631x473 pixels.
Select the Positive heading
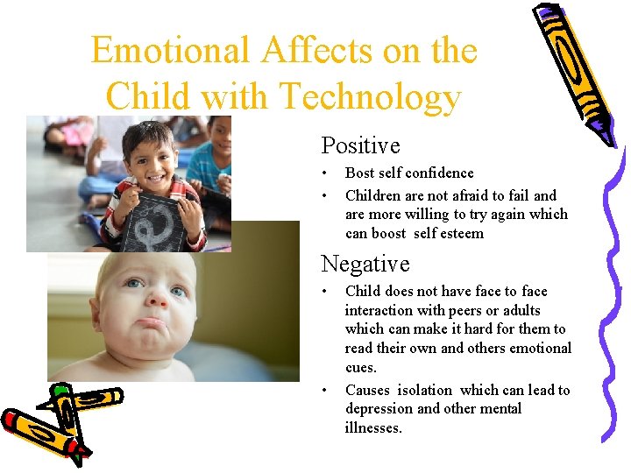coord(360,145)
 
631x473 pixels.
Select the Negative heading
coord(365,264)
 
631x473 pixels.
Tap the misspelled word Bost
coord(360,173)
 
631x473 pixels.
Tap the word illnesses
coord(373,428)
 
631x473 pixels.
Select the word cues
coord(360,368)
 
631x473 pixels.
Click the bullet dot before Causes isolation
coord(325,391)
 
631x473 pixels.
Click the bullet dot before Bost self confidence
coord(325,173)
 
